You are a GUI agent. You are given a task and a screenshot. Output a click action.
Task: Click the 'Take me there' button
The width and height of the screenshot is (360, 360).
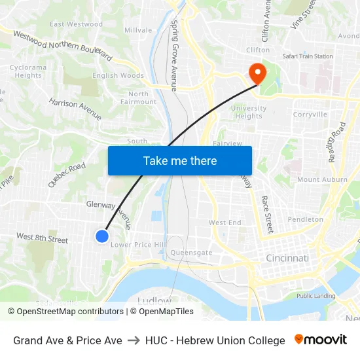coord(180,160)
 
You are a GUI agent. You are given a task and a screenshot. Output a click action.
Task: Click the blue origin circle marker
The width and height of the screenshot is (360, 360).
coord(102,236)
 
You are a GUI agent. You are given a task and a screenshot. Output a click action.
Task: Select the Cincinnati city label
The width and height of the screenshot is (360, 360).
coord(287,259)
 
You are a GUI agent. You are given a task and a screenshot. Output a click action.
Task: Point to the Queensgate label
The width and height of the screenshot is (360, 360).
coord(191,252)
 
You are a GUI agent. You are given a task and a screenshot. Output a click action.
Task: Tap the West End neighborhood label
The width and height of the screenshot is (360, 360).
coord(225,223)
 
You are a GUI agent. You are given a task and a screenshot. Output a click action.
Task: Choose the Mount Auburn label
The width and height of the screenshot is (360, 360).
coord(322,179)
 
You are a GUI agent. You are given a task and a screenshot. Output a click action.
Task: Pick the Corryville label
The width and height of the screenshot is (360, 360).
coord(310,114)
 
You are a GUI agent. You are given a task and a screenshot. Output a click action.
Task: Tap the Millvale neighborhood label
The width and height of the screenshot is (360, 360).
coord(138,30)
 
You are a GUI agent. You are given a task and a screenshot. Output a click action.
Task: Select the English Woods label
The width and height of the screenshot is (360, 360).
coord(118,76)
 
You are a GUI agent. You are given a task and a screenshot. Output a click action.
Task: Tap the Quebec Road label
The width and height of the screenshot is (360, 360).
coord(66,175)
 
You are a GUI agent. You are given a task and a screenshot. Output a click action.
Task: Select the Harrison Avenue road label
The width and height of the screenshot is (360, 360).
coord(75,109)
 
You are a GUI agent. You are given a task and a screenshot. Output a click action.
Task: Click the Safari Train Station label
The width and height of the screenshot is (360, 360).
coord(307,56)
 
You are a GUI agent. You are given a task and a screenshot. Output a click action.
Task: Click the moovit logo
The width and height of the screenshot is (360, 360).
coord(321,340)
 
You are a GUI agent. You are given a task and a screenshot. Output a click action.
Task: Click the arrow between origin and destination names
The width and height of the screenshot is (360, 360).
coord(134,340)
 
